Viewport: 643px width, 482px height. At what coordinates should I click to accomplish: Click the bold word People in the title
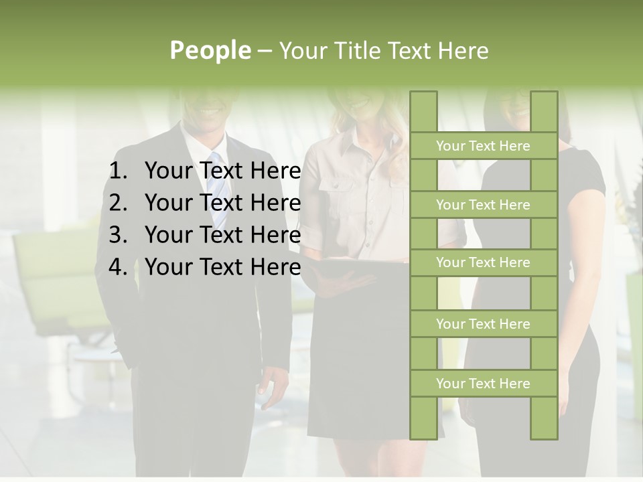pyautogui.click(x=210, y=50)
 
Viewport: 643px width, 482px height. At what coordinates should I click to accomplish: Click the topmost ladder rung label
pyautogui.click(x=483, y=146)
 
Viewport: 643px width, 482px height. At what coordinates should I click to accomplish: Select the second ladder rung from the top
pyautogui.click(x=483, y=205)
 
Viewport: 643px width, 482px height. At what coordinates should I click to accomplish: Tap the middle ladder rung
pyautogui.click(x=483, y=262)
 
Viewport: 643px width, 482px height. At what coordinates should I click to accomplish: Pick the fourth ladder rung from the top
pyautogui.click(x=483, y=324)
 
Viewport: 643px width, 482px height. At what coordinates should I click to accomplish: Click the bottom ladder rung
pyautogui.click(x=483, y=384)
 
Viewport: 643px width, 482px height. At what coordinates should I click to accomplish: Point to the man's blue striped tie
pyautogui.click(x=218, y=191)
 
